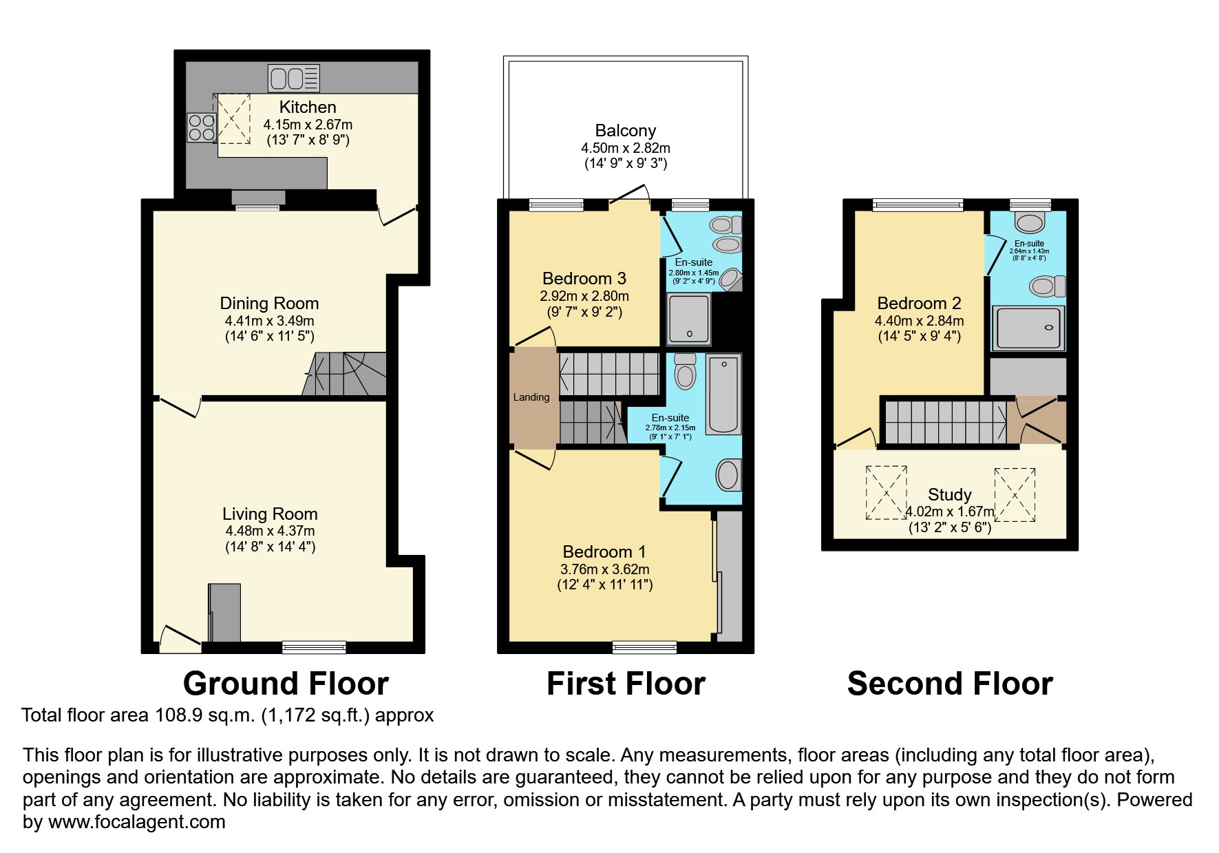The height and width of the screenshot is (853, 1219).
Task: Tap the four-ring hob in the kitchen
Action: pos(201,127)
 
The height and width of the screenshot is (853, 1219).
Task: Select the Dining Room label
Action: pos(269,304)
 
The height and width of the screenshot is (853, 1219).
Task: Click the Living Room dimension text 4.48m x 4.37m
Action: pos(270,531)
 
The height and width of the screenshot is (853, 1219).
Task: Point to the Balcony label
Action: pos(625,131)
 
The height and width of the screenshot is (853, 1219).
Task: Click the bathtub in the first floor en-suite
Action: pos(724,394)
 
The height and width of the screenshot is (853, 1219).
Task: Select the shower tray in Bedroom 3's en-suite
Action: pos(689,319)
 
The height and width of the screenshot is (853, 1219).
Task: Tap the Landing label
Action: pos(531,397)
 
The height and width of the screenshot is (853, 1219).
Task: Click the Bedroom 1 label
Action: pos(604,552)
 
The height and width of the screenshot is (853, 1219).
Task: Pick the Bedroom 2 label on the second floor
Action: pos(919,304)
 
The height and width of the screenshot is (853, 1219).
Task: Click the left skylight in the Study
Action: pos(886,492)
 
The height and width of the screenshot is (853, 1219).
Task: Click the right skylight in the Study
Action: pos(1014,494)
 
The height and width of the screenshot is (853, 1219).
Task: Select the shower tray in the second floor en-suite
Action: pos(1028,328)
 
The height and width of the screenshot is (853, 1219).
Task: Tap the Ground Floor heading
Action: pos(286,684)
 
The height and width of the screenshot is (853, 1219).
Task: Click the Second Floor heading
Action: pos(950,684)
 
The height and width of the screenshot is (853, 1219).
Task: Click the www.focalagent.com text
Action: pos(136,822)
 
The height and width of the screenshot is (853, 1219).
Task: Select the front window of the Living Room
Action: pos(314,647)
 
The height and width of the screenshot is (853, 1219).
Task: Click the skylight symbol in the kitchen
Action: pos(233,118)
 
